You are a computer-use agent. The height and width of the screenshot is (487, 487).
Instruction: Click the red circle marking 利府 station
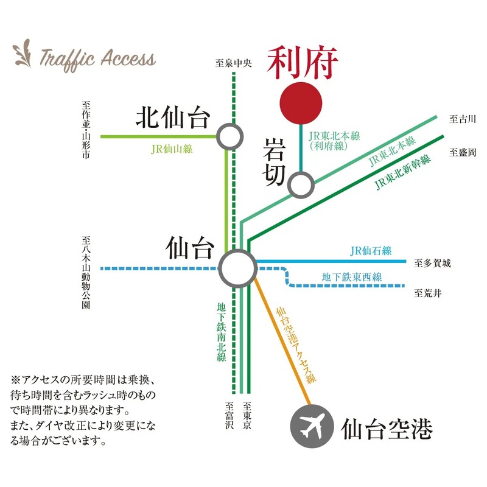click(x=301, y=102)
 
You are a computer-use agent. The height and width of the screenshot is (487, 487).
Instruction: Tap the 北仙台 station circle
click(x=229, y=136)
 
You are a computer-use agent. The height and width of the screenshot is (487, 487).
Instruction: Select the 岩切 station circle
click(x=301, y=184)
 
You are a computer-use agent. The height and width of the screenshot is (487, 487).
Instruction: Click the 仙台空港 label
click(x=387, y=428)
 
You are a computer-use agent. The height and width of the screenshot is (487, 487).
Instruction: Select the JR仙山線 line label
click(x=172, y=148)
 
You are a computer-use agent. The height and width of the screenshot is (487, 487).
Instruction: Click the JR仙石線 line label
click(x=371, y=251)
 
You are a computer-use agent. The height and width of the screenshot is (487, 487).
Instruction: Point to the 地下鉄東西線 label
click(x=352, y=278)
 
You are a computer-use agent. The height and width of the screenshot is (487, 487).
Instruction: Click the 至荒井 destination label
click(x=428, y=293)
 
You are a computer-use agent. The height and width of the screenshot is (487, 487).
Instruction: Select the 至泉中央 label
click(x=234, y=62)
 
